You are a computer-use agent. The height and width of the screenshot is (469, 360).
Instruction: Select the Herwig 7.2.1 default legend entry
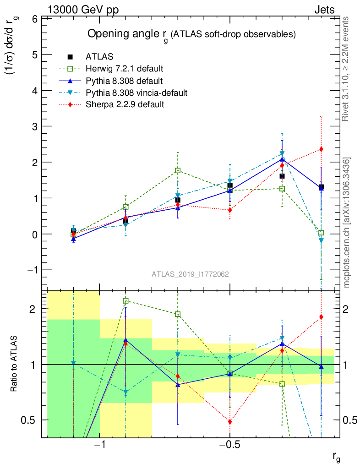[124, 69]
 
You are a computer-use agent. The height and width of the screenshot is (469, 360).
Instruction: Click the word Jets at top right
[324, 10]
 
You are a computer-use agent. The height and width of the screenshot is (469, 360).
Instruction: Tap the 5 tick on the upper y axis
[34, 55]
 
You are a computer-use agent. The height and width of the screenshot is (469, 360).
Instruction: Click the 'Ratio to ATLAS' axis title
[15, 364]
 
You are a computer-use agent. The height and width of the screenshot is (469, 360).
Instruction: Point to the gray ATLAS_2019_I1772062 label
[191, 274]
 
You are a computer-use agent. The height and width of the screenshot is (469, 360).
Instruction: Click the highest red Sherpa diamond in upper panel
[321, 149]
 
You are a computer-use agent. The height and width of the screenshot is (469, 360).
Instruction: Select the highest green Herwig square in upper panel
[178, 170]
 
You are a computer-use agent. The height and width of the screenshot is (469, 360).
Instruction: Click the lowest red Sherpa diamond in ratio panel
[230, 422]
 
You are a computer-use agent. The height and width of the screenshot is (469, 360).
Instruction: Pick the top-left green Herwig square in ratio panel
[125, 301]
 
